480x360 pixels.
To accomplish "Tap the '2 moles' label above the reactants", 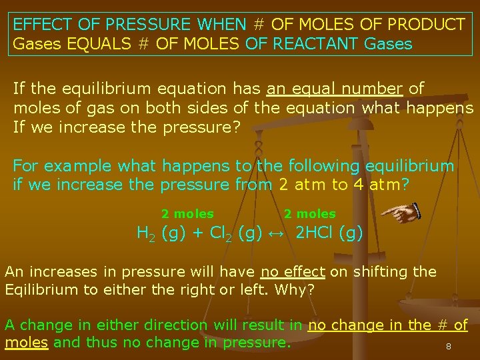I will point(187,214).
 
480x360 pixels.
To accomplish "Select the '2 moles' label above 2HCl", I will point(310,214).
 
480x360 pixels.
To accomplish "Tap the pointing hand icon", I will point(400,213).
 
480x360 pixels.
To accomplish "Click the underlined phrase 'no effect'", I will point(293,271).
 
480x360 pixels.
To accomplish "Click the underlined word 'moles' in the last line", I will point(26,343).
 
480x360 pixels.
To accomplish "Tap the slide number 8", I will point(449,347).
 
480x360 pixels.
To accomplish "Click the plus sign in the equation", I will point(198,234).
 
